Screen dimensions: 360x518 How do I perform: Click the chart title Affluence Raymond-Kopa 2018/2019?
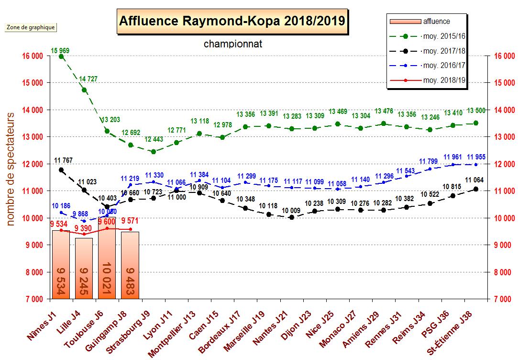pos(232,22)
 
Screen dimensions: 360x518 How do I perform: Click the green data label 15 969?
pos(61,50)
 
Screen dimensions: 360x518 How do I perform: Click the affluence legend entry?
pos(436,21)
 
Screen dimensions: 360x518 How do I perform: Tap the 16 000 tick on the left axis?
pos(33,56)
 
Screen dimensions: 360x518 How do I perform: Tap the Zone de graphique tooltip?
pos(31,27)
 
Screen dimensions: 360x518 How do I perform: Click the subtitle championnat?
pos(233,44)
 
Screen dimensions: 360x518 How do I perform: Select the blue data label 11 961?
pos(453,157)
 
